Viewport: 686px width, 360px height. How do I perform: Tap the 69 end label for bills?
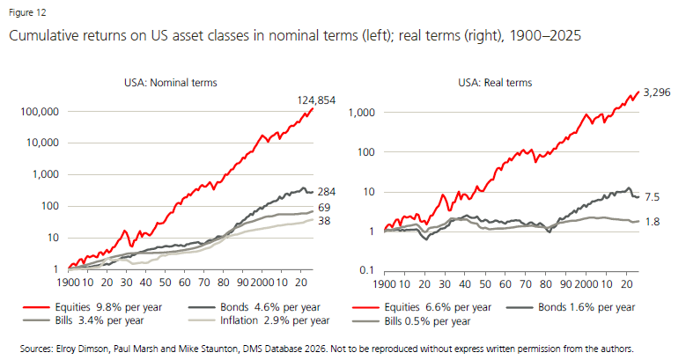coord(324,208)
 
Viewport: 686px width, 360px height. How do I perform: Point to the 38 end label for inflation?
coord(324,222)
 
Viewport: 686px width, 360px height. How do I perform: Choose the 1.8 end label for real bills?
coord(653,221)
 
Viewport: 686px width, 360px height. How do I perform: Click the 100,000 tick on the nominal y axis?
coord(38,112)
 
